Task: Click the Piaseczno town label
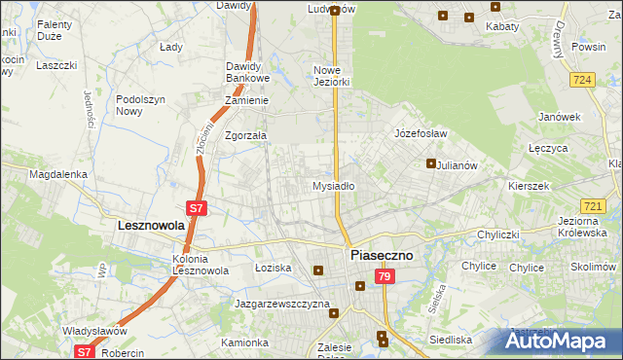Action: click(381, 255)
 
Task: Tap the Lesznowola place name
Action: click(150, 225)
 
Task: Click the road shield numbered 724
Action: click(583, 80)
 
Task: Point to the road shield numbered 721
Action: click(593, 206)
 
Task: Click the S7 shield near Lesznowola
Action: click(196, 207)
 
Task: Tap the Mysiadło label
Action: click(332, 185)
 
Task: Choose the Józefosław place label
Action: click(420, 133)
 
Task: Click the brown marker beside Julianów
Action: click(430, 163)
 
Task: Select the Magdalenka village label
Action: click(58, 174)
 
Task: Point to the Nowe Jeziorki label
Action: click(331, 76)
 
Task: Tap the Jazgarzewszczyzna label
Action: click(282, 304)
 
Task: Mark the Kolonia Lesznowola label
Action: click(200, 265)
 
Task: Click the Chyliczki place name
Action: click(501, 234)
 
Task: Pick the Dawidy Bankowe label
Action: click(247, 72)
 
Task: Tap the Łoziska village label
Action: click(273, 267)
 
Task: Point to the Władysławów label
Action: click(96, 331)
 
